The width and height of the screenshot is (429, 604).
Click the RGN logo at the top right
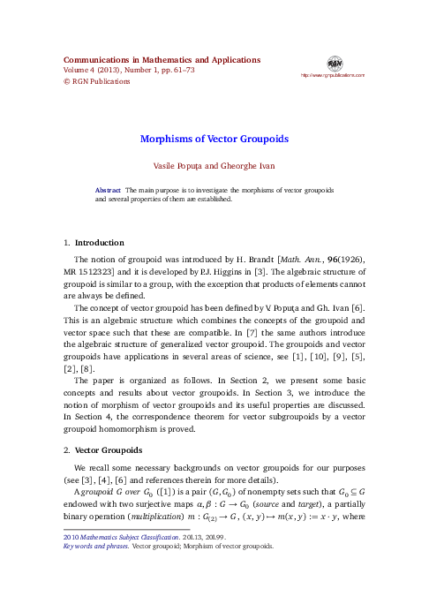334,64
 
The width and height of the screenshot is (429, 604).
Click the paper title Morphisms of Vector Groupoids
214,139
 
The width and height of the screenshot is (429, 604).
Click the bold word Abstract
108,190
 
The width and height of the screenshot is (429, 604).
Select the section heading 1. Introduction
94,242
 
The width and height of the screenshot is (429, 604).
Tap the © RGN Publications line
98,81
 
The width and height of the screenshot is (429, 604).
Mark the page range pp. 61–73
181,71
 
